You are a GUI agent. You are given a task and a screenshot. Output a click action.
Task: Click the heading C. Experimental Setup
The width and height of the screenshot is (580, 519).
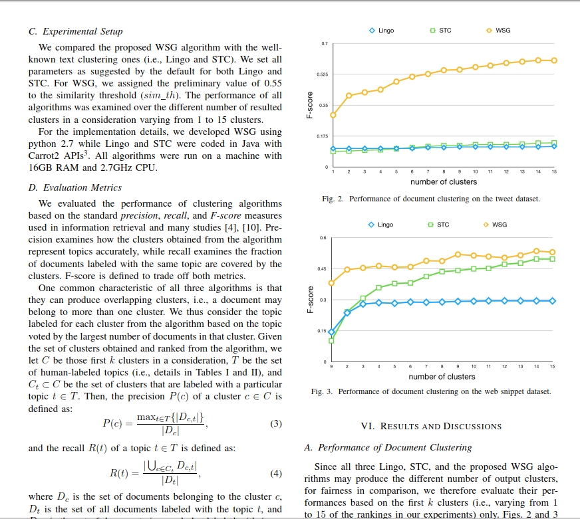pos(75,31)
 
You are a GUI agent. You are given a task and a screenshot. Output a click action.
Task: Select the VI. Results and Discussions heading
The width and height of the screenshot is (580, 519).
pos(431,426)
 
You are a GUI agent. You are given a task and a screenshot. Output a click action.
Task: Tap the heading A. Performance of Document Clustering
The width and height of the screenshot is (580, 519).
pos(388,448)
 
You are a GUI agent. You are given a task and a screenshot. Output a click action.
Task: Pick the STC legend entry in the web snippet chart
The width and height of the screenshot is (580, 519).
pos(439,225)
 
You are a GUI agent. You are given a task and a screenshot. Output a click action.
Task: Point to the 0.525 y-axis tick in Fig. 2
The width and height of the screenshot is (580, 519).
pos(323,74)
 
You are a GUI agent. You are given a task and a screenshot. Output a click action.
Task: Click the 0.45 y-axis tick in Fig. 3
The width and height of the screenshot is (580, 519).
pos(323,269)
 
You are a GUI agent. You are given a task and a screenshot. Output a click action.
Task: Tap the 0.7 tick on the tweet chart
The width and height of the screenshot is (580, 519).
pos(325,44)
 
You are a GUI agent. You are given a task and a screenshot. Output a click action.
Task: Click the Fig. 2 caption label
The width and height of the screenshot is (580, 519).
pos(333,199)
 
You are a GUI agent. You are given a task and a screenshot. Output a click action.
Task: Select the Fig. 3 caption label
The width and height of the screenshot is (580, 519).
pos(322,391)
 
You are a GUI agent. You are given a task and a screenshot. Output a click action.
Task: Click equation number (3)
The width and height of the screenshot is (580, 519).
pos(277,423)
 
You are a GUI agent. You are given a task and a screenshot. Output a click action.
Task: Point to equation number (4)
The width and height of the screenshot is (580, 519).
pos(277,474)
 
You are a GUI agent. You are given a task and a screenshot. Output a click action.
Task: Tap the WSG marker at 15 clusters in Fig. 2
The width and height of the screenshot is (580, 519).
pos(554,60)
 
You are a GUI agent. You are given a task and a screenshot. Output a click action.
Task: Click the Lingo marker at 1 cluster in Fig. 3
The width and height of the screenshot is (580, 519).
pos(331,332)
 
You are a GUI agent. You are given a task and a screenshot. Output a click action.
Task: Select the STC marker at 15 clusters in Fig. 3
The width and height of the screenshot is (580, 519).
pos(553,259)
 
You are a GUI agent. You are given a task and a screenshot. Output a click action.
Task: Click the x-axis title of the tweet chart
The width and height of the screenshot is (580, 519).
pos(443,181)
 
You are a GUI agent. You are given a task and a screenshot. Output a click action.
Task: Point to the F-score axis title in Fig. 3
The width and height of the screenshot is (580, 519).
pos(309,300)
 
